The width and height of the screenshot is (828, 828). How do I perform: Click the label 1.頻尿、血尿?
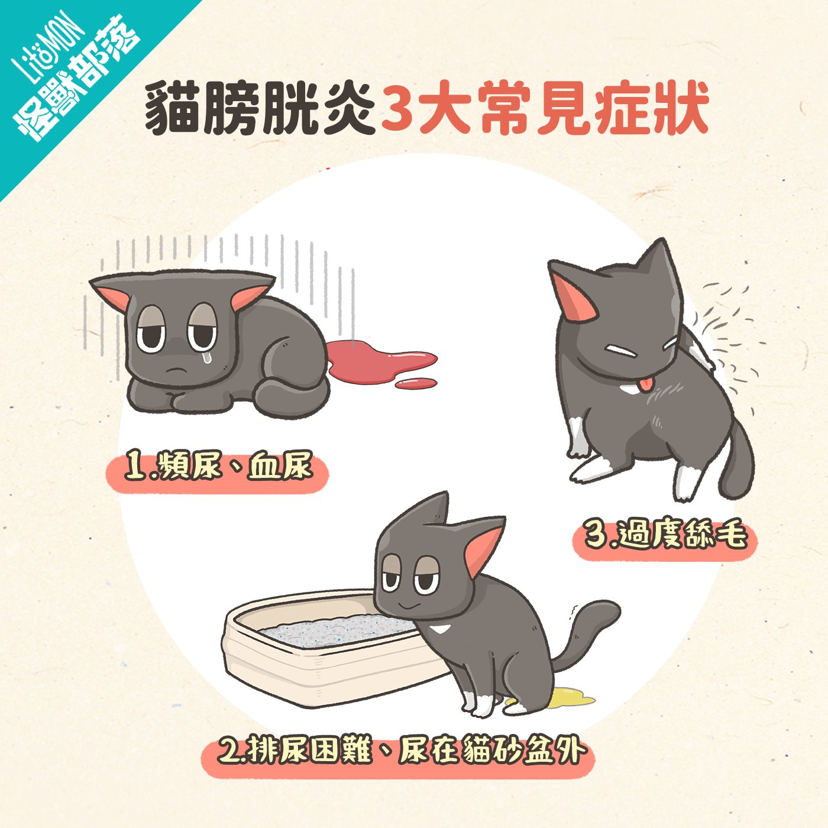point(217,467)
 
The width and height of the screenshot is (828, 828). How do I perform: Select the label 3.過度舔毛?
point(665,535)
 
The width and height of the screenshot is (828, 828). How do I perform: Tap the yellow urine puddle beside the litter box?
point(571,698)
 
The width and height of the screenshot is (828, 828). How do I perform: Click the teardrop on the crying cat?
point(206,357)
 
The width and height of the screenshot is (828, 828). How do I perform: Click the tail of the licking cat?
point(739,461)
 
